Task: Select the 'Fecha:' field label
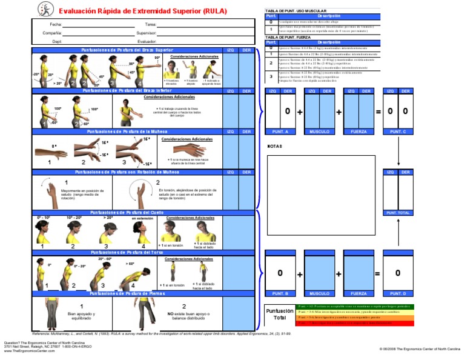[56, 24]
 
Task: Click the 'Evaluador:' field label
[147, 42]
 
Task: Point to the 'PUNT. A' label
[280, 131]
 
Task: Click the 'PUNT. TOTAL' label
[398, 213]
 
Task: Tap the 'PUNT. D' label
[398, 293]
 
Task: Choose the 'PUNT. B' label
[280, 293]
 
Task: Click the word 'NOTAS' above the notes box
[275, 146]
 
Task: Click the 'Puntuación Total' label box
[280, 314]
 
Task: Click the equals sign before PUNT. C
[378, 112]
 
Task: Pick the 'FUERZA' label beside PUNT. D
[358, 293]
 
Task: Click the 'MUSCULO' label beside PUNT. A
[319, 131]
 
